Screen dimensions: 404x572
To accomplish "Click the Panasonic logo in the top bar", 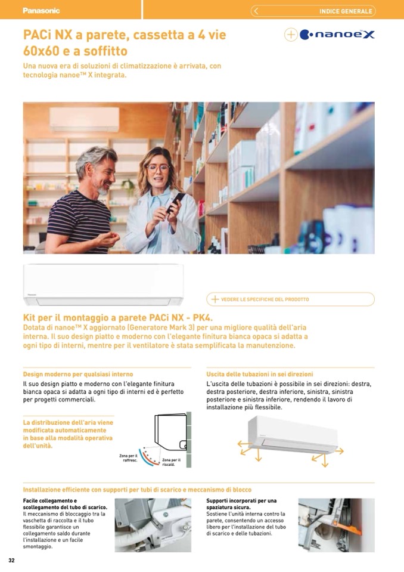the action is pyautogui.click(x=41, y=11).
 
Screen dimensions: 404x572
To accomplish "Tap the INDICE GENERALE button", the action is pyautogui.click(x=313, y=11).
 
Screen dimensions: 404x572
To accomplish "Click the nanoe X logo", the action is pyautogui.click(x=337, y=35).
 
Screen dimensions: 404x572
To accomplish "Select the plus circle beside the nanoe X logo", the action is pyautogui.click(x=291, y=35).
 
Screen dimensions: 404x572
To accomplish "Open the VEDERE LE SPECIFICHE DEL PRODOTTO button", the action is pyautogui.click(x=290, y=299).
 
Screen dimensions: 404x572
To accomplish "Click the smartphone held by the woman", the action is pyautogui.click(x=176, y=202).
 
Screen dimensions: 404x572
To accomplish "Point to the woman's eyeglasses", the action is pyautogui.click(x=158, y=168).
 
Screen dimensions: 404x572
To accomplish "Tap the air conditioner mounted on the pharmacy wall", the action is pyautogui.click(x=84, y=119).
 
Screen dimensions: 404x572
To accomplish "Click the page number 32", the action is pyautogui.click(x=12, y=560).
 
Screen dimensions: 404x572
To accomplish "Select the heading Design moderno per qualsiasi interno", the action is pyautogui.click(x=78, y=375).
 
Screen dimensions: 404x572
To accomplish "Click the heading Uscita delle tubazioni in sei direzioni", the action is pyautogui.click(x=260, y=375).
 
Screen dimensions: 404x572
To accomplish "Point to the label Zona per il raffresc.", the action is pyautogui.click(x=129, y=458).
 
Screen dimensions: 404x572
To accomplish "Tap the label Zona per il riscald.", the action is pyautogui.click(x=171, y=462).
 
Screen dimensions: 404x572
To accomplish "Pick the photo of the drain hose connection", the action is pyautogui.click(x=153, y=525).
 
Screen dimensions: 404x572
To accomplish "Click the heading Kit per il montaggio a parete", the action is pyautogui.click(x=117, y=318).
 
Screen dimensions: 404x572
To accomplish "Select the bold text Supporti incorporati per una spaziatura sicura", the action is pyautogui.click(x=241, y=504).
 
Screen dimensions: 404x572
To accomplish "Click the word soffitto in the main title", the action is pyautogui.click(x=105, y=51).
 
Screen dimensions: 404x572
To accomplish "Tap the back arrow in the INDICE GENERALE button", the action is pyautogui.click(x=256, y=11).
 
